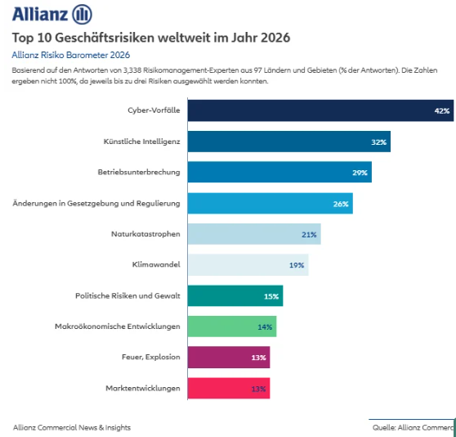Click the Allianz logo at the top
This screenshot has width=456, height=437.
51,14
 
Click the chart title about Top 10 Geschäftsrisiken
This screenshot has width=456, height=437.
151,38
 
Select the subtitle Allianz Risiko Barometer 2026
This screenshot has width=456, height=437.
71,55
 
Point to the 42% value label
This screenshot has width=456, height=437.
442,110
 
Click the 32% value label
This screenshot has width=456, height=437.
379,142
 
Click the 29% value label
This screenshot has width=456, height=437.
360,173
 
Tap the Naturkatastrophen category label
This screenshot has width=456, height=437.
145,234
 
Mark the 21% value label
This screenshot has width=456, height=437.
310,234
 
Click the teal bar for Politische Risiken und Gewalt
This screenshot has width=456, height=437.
235,295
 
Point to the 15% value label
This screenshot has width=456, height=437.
271,296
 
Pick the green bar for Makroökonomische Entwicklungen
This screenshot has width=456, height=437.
231,327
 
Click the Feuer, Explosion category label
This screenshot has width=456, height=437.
151,357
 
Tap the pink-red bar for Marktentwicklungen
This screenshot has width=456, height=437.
228,388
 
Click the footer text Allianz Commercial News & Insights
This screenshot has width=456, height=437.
72,427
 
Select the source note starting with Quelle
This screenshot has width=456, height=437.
413,427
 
